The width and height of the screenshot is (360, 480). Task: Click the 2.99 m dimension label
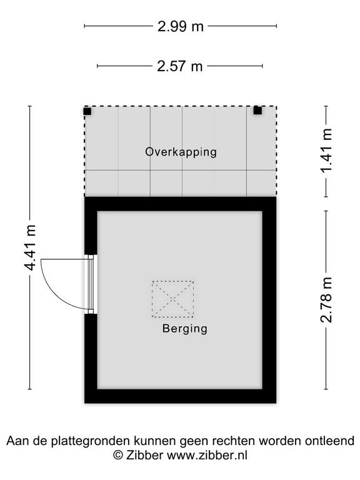pos(180,26)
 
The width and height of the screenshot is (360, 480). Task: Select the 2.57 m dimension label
pos(180,66)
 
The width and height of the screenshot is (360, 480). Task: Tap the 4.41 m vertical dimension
pos(30,247)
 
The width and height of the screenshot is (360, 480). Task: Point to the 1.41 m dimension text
pos(326,151)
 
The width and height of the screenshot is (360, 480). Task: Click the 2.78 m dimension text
pos(326,300)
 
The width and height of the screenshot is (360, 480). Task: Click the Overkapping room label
pos(181,152)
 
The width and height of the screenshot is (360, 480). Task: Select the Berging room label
pos(184,329)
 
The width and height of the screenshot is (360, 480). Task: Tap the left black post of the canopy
pos(87,111)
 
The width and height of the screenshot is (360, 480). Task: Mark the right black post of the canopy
pos(257,111)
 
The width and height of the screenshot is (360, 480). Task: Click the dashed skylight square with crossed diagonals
pos(173,299)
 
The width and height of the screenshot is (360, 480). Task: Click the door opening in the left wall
pos(91,284)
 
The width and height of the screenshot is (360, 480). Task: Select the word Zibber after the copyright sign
pos(144,455)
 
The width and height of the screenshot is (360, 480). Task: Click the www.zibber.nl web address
pos(207,455)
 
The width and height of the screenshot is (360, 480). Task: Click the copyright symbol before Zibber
pos(118,455)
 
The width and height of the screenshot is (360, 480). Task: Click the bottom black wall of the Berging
pos(180,396)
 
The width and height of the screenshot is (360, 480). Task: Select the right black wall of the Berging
pos(269,300)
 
